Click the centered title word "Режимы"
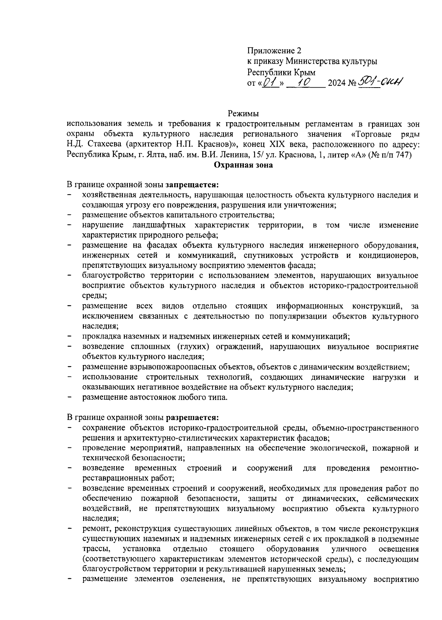tap(243, 114)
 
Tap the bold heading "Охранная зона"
tap(243, 165)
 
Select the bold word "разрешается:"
tap(193, 418)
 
